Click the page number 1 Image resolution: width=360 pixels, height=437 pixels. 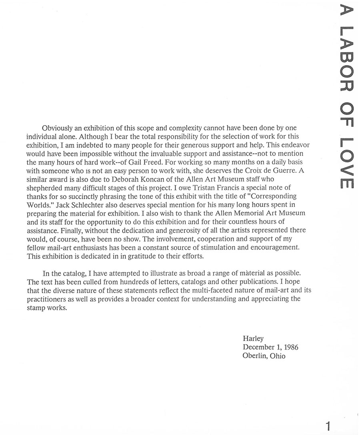tap(328, 426)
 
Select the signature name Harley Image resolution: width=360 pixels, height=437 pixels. tap(253, 339)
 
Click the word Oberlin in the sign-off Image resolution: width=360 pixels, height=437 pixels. tap(255, 356)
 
